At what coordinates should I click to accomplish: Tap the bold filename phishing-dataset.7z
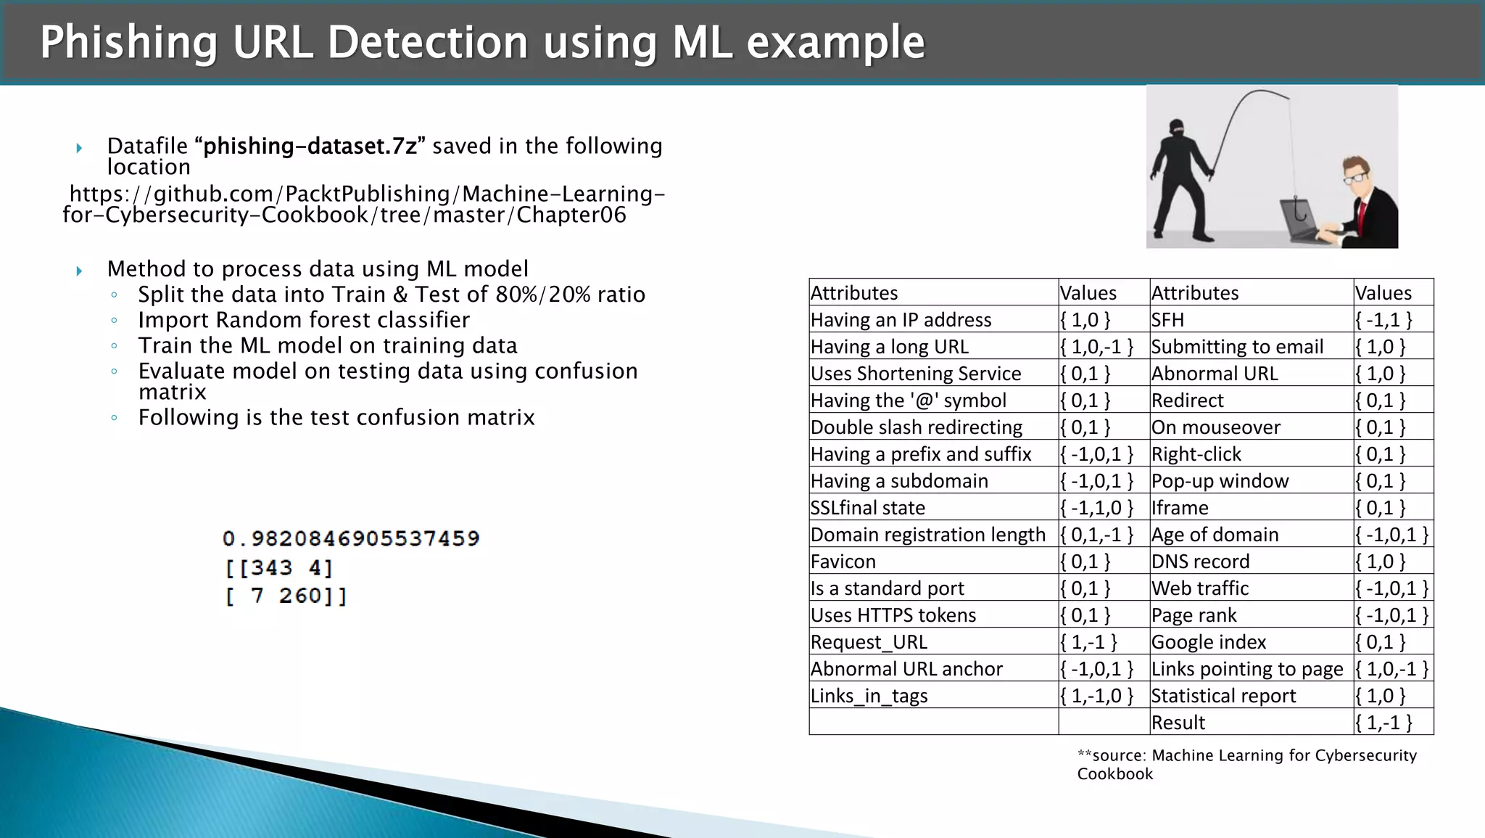click(310, 147)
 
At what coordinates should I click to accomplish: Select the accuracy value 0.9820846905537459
click(351, 538)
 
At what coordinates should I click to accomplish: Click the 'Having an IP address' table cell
click(901, 320)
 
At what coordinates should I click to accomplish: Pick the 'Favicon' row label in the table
click(843, 562)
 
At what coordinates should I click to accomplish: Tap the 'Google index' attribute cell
click(1209, 642)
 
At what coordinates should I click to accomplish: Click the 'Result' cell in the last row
click(1178, 723)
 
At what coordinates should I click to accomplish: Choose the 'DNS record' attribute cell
click(1201, 562)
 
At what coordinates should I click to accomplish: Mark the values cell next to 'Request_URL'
click(1088, 642)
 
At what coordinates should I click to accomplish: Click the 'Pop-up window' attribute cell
click(1220, 481)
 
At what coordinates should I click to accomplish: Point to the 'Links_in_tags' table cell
click(869, 696)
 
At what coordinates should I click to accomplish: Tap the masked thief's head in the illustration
click(1175, 131)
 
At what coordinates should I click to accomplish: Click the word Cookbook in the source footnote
click(1115, 774)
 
